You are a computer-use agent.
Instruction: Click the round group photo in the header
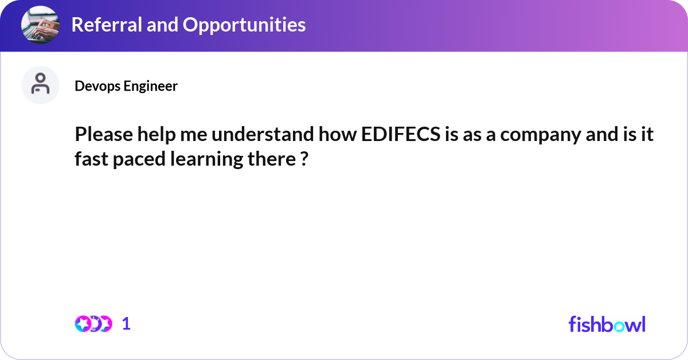40,25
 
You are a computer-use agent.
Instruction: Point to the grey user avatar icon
40,85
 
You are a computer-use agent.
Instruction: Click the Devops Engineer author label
126,86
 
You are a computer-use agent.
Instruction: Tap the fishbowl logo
607,324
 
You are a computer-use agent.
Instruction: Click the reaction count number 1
126,324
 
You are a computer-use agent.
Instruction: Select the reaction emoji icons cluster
93,324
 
